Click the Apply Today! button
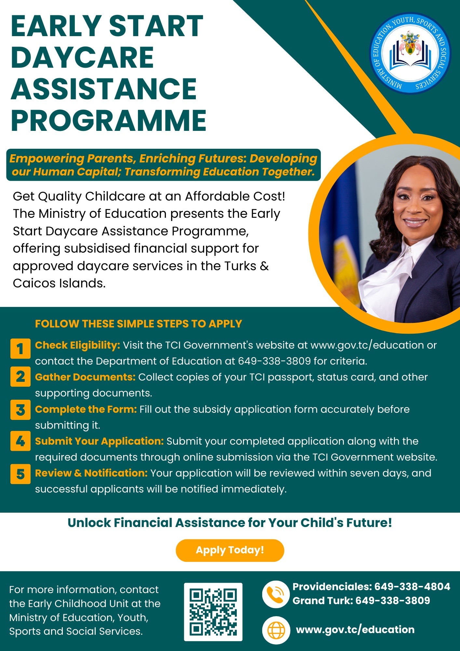(x=230, y=550)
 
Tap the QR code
(x=213, y=612)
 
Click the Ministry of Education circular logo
(x=410, y=53)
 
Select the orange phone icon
(x=276, y=594)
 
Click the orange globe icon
(x=276, y=630)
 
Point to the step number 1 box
(x=20, y=349)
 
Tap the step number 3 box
(x=20, y=410)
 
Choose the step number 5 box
(x=20, y=474)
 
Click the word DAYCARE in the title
(x=82, y=58)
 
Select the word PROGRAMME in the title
(x=109, y=120)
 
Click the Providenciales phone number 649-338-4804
(x=412, y=587)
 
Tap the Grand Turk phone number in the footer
(x=393, y=601)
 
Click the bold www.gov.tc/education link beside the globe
(x=355, y=630)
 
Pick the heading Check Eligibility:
(x=78, y=345)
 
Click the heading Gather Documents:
(x=85, y=377)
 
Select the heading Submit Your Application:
(x=99, y=441)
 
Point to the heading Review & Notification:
(x=91, y=473)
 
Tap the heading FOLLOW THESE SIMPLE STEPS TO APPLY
(x=139, y=324)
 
